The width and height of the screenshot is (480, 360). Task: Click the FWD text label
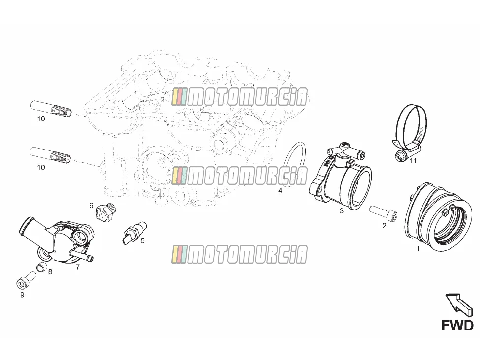point(457,325)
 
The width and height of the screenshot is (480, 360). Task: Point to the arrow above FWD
point(458,303)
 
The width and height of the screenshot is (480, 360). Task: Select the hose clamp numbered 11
point(409,132)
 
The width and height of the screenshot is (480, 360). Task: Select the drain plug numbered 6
point(106,211)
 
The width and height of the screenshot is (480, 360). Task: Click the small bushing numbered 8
point(43,268)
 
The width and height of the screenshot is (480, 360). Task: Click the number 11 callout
point(413,161)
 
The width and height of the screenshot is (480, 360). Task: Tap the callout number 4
point(280,191)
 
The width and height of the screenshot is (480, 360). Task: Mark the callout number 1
point(418,249)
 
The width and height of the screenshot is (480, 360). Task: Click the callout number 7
point(77,267)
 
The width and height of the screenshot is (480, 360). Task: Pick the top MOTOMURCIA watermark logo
point(240,97)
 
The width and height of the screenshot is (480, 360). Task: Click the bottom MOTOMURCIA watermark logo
point(240,254)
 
